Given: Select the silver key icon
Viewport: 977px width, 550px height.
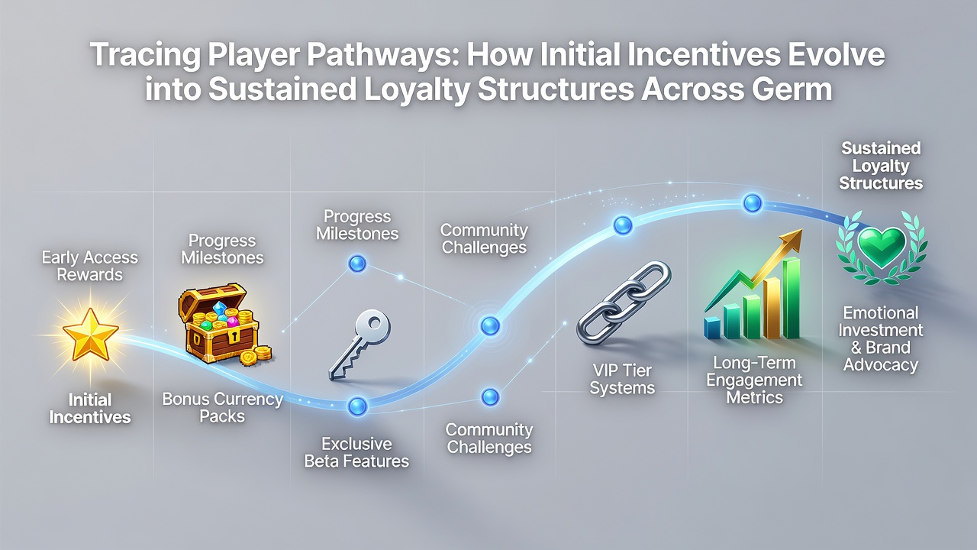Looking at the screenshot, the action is (x=360, y=345).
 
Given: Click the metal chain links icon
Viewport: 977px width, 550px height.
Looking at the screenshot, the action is (x=624, y=303).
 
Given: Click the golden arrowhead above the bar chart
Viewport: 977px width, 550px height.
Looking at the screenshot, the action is (x=790, y=241).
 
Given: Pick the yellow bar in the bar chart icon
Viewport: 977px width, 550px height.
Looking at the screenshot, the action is (x=771, y=308).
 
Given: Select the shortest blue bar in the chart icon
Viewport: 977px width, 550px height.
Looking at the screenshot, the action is (x=713, y=328).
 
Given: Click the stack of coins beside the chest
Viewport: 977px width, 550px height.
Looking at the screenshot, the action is (x=256, y=355).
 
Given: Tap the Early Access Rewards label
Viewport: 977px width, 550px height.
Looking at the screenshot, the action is (x=90, y=266).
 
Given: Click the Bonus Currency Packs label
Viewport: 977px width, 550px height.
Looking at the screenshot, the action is (x=222, y=407).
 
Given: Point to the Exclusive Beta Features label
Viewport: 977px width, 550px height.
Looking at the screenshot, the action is (x=356, y=452).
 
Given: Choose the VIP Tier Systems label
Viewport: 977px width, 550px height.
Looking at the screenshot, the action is (x=622, y=379).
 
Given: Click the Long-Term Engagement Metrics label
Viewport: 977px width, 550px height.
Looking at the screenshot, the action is (x=754, y=380).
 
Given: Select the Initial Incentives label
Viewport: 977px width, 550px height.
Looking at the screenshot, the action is (x=90, y=408).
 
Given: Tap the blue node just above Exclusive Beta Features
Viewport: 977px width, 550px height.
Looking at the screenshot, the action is (x=358, y=406).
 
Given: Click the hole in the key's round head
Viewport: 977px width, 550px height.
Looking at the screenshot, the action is (x=375, y=323).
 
